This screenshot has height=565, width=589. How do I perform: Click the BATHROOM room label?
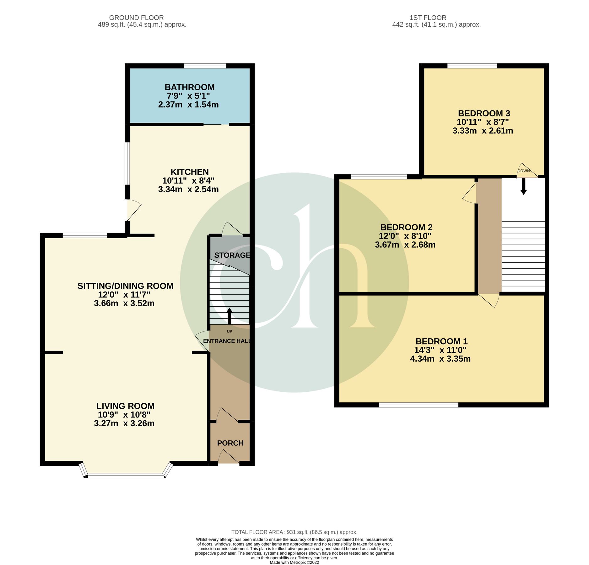(189, 87)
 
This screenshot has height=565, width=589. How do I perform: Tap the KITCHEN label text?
(189, 172)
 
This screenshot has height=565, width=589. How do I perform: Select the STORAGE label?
(232, 255)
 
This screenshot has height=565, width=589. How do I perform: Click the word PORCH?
(230, 443)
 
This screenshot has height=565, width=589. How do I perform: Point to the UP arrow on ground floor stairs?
(229, 316)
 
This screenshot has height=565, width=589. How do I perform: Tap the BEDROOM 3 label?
(484, 113)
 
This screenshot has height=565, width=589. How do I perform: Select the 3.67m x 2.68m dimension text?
(405, 245)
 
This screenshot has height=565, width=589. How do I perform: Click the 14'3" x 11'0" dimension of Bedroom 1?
(440, 350)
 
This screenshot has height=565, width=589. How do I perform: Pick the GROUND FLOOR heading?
(136, 18)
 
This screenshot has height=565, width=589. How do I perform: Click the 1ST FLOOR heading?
(428, 18)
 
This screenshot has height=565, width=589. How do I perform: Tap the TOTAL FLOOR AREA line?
(294, 532)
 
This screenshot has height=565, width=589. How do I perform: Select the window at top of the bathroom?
(205, 66)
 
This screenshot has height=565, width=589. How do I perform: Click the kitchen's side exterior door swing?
(133, 210)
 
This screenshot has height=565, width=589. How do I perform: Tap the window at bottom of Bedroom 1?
(419, 405)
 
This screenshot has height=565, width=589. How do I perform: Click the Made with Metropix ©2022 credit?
(294, 562)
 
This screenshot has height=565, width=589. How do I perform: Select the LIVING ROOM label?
(125, 406)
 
